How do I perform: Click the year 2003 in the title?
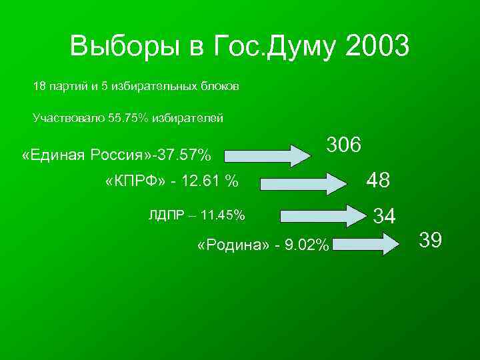click(x=377, y=47)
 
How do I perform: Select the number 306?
click(x=344, y=145)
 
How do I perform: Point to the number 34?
click(x=385, y=216)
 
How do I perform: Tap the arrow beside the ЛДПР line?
click(x=323, y=216)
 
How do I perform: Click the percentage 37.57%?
click(x=182, y=156)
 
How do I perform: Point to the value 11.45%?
click(x=223, y=215)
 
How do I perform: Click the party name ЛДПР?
click(x=165, y=215)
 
